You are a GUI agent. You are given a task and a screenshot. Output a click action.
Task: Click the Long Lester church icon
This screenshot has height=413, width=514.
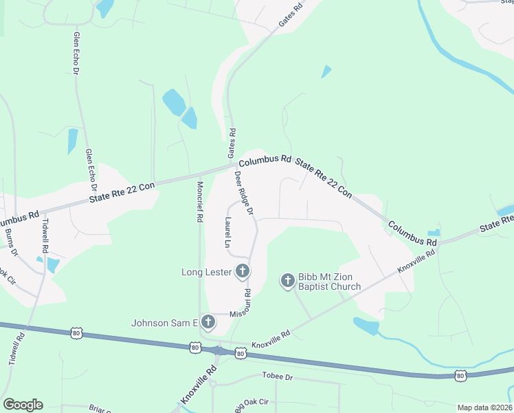[242, 272]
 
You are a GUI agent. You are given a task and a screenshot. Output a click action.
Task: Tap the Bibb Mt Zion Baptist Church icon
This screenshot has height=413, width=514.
[287, 280]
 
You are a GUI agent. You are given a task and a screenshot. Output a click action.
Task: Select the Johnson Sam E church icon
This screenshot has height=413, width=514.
[208, 322]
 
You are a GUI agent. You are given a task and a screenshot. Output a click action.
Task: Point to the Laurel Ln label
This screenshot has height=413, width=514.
[227, 232]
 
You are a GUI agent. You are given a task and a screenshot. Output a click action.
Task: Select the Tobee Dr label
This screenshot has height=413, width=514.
[277, 377]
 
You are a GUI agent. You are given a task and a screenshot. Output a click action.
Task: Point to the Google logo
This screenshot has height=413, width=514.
[23, 405]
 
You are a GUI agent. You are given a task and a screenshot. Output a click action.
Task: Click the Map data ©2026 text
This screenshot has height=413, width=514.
[484, 407]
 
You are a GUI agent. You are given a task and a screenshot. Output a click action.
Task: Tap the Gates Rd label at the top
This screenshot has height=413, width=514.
[291, 17]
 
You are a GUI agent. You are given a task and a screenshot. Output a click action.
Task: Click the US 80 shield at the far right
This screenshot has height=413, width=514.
[460, 376]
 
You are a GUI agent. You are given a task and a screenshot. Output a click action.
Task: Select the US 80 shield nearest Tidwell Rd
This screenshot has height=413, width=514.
[75, 332]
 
